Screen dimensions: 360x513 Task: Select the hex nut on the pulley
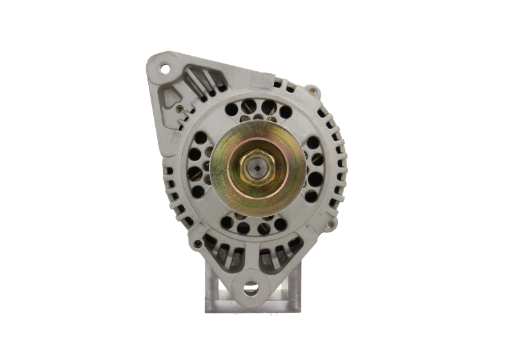pyautogui.click(x=256, y=169)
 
